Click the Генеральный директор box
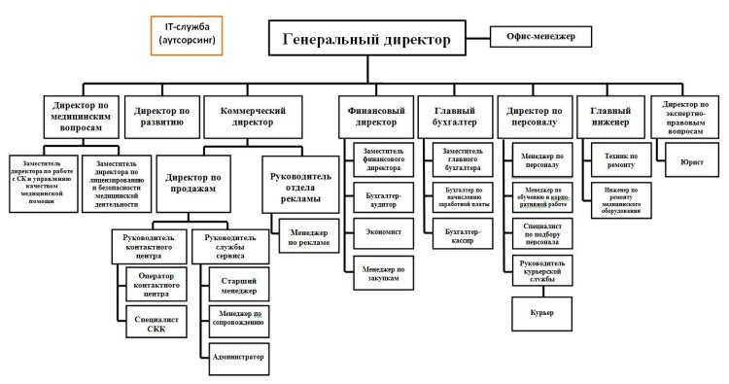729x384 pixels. point(367,40)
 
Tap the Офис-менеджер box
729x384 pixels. point(540,36)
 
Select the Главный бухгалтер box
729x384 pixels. point(453,117)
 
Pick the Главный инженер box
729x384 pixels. point(610,117)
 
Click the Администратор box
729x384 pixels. point(237,357)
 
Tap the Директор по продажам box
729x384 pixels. point(195,178)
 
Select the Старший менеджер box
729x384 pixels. point(233,284)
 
